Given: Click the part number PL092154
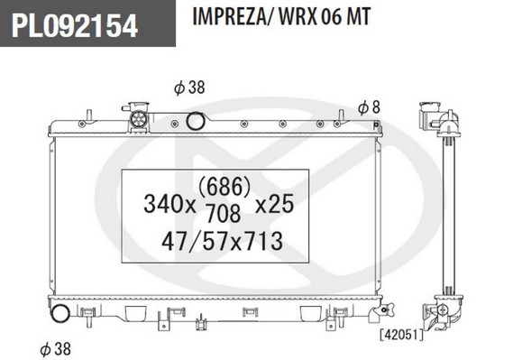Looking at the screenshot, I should [75, 26].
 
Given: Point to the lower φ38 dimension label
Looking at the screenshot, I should [57, 346].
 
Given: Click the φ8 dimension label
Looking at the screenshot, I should [368, 107].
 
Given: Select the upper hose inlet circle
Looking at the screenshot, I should [195, 122].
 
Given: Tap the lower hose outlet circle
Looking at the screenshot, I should [60, 315].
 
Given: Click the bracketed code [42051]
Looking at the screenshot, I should [397, 334].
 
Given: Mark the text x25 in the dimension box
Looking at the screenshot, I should [274, 205].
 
